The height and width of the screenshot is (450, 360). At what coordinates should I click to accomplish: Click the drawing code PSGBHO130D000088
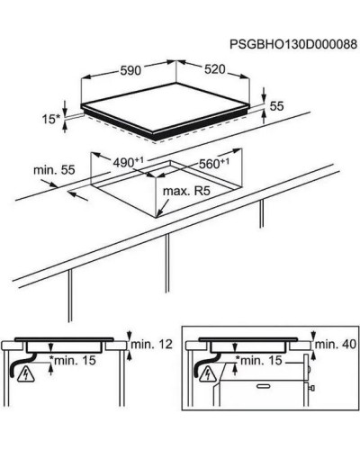point(293,44)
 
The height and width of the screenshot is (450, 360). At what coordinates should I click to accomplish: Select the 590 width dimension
point(130,71)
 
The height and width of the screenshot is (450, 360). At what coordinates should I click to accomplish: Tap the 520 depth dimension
point(215,69)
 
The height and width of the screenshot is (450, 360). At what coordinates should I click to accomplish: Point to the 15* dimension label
point(50,120)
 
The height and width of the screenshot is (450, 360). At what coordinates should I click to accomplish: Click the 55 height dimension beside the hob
point(276,106)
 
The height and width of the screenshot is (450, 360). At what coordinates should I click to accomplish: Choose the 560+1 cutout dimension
point(214,164)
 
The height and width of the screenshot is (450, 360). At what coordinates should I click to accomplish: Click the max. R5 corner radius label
point(186,191)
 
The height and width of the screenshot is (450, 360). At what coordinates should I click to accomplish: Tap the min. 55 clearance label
point(54,170)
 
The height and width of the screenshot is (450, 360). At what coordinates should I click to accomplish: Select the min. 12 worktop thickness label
point(152,344)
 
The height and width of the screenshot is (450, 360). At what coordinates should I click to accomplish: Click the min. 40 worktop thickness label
point(336,344)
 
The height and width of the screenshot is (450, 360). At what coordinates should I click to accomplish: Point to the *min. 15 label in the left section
point(73,360)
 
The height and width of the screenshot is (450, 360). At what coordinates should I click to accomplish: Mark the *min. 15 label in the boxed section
point(259,360)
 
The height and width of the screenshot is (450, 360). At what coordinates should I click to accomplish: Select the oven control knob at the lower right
point(311,388)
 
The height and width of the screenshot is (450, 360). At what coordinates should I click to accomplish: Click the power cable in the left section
point(22,364)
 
